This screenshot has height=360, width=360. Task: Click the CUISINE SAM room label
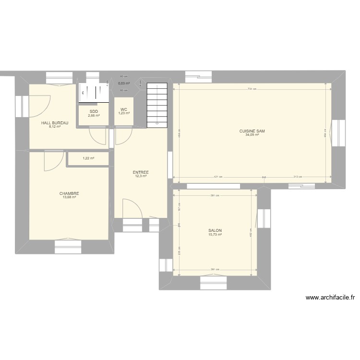252,131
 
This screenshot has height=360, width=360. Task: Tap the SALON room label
215,230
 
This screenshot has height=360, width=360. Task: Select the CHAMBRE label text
70,193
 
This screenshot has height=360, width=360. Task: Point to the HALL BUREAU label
55,123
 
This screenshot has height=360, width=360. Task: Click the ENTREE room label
141,172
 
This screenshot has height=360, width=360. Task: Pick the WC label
124,109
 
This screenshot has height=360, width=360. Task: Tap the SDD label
94,111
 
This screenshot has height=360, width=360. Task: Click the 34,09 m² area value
252,135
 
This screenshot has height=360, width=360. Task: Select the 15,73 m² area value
215,235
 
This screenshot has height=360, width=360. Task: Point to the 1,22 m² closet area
88,158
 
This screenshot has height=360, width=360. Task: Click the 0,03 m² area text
124,83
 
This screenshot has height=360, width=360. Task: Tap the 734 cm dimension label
252,89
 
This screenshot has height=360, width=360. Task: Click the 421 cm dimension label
218,177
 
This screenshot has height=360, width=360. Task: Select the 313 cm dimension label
297,177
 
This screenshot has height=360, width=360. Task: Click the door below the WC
123,136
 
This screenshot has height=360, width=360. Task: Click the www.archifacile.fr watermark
330,298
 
